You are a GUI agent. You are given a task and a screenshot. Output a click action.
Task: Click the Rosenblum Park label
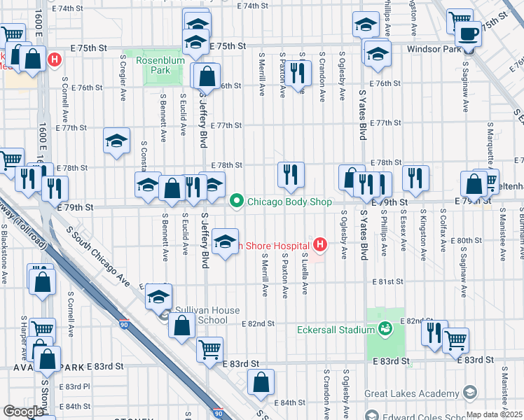[153, 65]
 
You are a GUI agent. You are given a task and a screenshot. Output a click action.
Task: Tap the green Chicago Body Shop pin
[237, 202]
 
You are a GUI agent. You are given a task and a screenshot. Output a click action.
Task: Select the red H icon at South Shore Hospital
[320, 245]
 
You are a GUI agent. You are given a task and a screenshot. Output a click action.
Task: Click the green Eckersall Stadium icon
[384, 328]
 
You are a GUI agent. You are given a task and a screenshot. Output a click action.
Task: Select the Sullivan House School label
[208, 315]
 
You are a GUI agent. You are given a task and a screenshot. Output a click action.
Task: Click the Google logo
[23, 412]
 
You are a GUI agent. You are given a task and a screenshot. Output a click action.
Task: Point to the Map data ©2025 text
[495, 414]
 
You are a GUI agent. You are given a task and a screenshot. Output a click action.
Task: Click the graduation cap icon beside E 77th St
[117, 141]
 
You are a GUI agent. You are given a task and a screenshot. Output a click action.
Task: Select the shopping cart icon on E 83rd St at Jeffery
[210, 349]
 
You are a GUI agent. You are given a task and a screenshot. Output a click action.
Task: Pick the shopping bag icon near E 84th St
[261, 382]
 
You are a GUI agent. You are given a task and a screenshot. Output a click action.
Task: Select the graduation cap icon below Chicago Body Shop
[225, 242]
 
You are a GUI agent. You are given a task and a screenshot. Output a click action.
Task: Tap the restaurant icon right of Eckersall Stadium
[434, 332]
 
